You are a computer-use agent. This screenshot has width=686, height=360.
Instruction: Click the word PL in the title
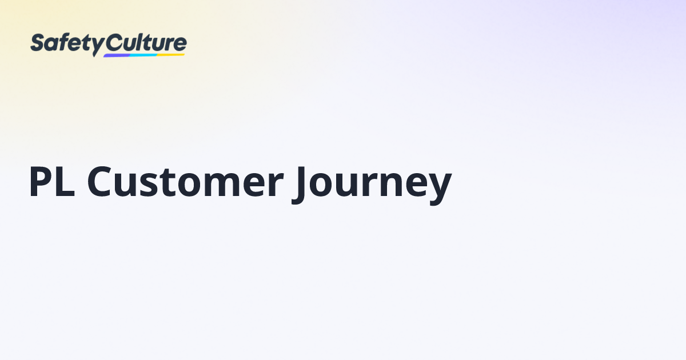coord(52,183)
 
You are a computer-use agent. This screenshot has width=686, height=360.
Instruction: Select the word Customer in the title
coord(185,183)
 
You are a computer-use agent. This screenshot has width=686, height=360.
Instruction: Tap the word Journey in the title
coord(372,184)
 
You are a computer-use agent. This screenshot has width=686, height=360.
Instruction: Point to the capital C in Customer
coord(102,183)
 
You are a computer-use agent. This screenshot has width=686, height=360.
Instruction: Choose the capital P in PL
coord(41,183)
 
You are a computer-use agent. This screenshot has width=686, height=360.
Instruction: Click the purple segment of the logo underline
coord(118,55)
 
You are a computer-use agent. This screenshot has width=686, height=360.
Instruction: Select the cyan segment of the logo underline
coord(143,55)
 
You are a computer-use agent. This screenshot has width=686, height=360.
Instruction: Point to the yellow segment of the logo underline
coord(171,54)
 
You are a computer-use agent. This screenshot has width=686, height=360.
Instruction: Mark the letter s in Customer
coord(151,186)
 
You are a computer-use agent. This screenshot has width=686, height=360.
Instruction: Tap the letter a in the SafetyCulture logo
coord(51,45)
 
